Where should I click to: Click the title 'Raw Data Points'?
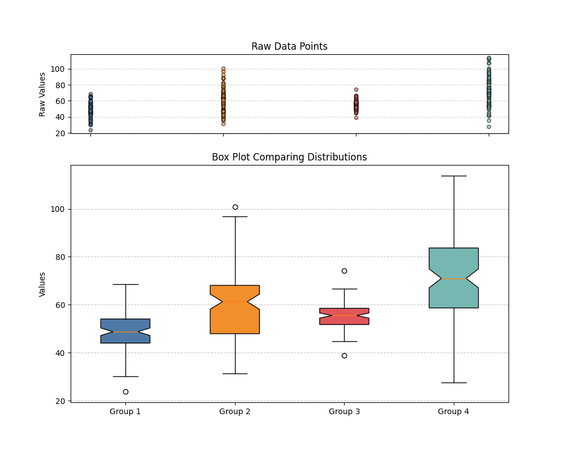289,46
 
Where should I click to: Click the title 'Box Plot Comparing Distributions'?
289,157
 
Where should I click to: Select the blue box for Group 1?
125,331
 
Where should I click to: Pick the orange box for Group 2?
235,310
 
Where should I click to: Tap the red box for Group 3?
345,316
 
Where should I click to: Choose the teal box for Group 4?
454,278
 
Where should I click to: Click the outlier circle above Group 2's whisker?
235,207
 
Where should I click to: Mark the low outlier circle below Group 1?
125,392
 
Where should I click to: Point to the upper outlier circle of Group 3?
344,271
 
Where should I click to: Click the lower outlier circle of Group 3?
344,355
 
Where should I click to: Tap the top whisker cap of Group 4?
454,176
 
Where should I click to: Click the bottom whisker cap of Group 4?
454,383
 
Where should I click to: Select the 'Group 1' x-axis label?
125,411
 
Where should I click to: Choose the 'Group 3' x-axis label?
344,411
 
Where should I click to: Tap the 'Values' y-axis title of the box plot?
42,284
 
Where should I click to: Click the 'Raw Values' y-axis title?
42,94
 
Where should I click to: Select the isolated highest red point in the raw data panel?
356,89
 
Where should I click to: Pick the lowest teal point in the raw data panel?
489,127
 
